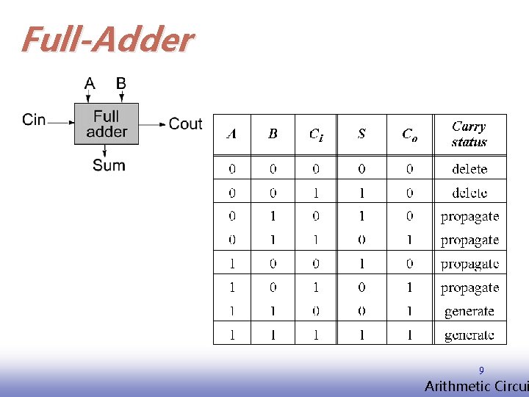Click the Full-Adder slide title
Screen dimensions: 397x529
tap(107, 40)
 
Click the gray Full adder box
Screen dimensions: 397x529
tap(107, 124)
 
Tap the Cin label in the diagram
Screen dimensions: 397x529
tap(34, 119)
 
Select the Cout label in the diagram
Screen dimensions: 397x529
tap(185, 124)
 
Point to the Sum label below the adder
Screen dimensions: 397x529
tap(109, 165)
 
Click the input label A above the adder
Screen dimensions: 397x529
tap(90, 82)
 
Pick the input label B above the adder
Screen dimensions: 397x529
tap(121, 82)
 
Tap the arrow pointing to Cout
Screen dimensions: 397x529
tap(153, 124)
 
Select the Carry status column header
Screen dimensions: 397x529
tap(469, 134)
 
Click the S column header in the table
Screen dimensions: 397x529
tap(361, 134)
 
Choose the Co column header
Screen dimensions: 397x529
tap(409, 134)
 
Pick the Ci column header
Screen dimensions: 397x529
tap(316, 134)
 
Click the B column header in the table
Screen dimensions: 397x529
tap(273, 134)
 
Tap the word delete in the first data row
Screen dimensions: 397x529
tap(469, 169)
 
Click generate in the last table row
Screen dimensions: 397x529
tap(469, 335)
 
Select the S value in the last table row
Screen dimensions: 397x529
tap(361, 335)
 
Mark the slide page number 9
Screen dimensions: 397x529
tap(481, 371)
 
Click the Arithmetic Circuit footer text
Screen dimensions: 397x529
tap(476, 387)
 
